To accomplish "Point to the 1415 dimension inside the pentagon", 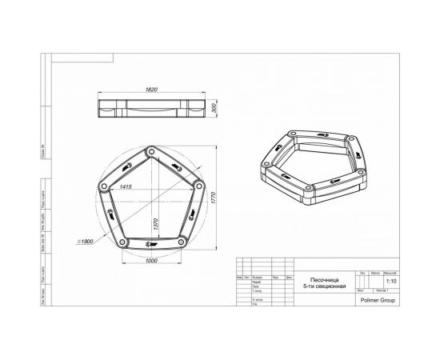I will click(123, 186).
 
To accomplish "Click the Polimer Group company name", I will click(389, 301).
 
